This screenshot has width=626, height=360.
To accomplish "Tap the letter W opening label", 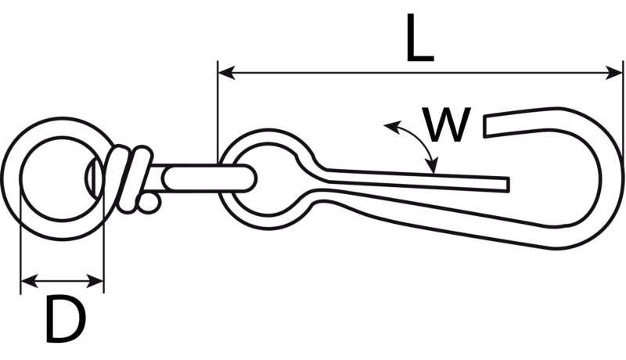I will tap(446, 125).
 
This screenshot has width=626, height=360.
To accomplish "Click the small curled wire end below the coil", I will tap(149, 204).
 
